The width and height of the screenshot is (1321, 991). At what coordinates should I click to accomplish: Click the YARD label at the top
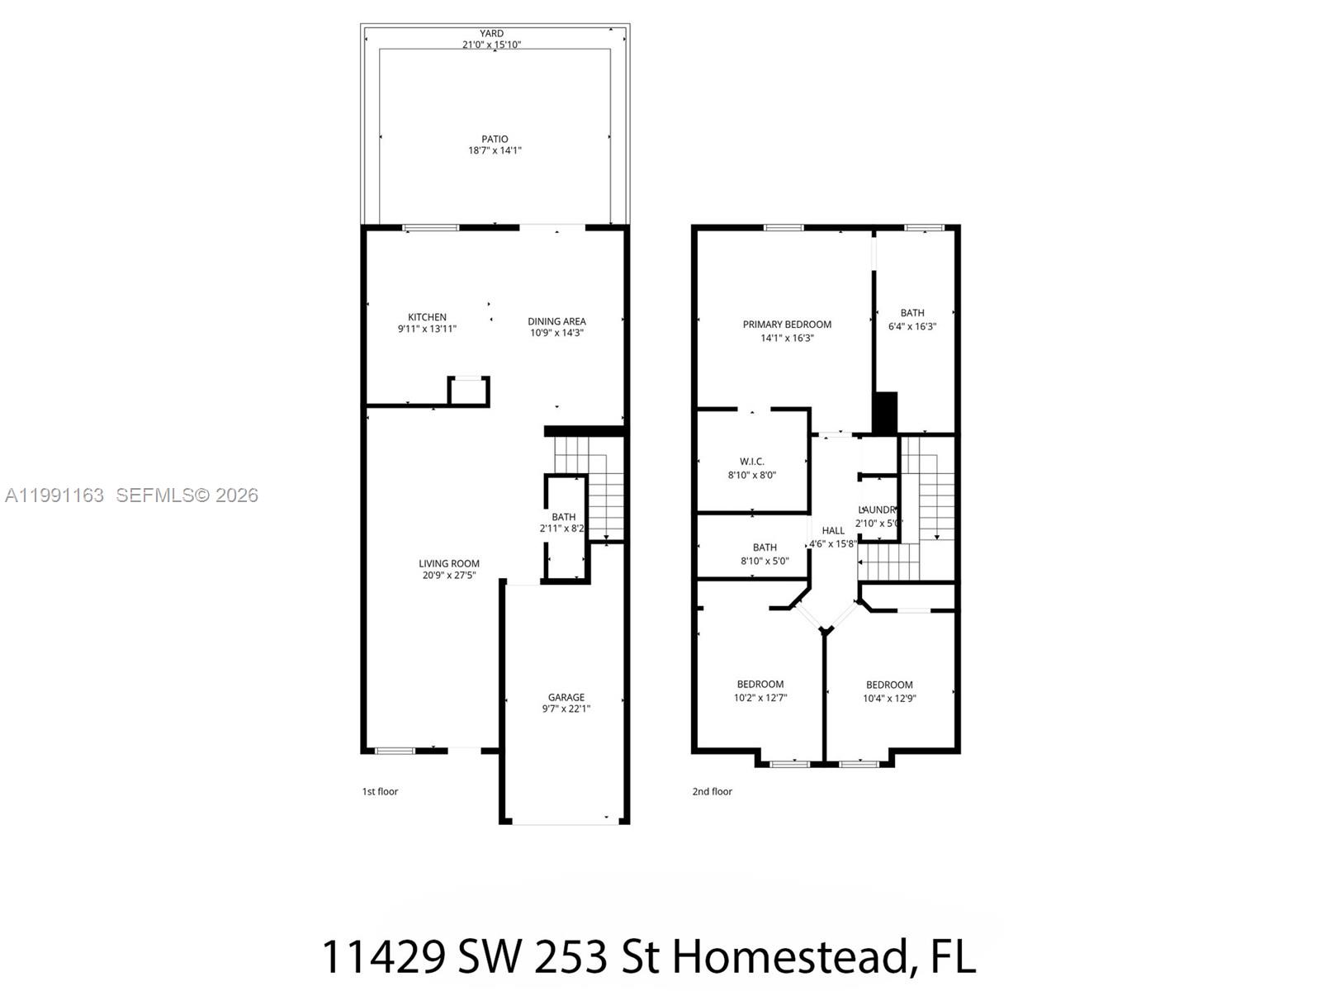coord(491,34)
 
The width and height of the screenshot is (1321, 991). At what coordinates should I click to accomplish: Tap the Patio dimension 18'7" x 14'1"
coord(495,150)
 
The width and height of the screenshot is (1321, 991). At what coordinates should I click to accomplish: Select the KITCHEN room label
coord(427,317)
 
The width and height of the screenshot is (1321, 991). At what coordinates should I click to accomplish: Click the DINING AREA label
coord(556,321)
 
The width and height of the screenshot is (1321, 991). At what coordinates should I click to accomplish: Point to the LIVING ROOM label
coord(448,563)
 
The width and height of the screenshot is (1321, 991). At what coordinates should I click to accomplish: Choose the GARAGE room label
coord(566,697)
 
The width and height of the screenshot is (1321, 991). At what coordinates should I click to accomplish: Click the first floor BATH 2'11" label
coord(564,517)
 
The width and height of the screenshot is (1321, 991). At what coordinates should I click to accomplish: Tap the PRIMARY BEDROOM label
coord(787,325)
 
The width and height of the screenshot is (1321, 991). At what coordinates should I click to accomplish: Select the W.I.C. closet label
coord(751,462)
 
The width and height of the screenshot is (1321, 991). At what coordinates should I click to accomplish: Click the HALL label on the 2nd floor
coord(833,530)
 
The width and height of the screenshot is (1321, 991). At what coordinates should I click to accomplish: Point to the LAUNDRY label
coord(877,510)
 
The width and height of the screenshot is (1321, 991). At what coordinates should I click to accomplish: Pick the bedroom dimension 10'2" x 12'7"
coord(760,698)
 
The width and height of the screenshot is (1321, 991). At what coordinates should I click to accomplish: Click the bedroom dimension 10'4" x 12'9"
coord(889,699)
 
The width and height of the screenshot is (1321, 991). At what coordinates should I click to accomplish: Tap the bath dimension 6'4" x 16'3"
coord(912,326)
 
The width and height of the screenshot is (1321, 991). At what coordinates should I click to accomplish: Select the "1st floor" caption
coord(380,791)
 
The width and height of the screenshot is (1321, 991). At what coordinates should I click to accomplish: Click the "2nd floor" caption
coord(712,791)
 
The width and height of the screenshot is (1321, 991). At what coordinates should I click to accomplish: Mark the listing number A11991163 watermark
coord(54,495)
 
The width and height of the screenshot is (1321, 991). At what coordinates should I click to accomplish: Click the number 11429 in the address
coord(382,956)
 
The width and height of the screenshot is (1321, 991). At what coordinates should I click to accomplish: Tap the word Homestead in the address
coord(789,956)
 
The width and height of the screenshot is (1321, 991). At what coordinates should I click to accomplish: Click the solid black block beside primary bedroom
coord(885,412)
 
